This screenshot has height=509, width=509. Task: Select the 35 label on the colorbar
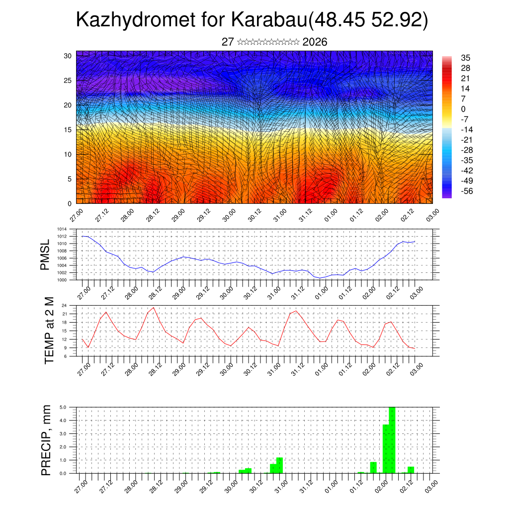coord(466,58)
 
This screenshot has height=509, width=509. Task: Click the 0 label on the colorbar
coord(463,109)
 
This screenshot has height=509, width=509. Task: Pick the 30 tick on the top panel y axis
coord(68,56)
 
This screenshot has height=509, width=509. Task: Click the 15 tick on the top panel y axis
coord(68,130)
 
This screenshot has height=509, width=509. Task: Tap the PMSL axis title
coord(45,254)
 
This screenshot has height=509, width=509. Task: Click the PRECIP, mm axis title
coord(46,440)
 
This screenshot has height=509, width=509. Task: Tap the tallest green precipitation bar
coord(392,440)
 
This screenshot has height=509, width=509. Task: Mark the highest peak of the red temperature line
coord(154,308)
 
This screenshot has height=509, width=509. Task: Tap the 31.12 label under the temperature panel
coord(298,369)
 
